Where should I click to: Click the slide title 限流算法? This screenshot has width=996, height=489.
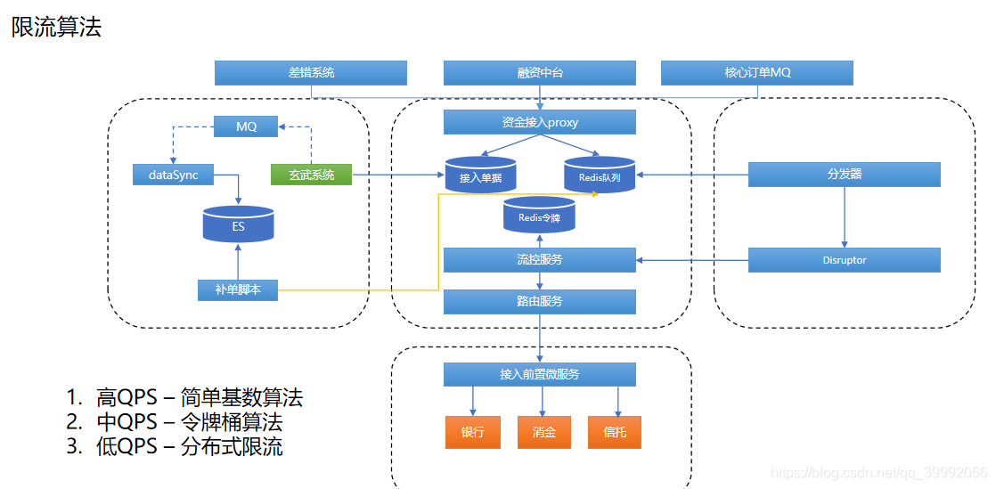click(56, 28)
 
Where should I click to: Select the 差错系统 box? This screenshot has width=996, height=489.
click(311, 73)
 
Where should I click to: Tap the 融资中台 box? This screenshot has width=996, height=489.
click(540, 73)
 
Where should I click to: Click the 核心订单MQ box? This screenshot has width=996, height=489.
click(757, 73)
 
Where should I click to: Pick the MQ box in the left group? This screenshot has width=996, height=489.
click(247, 127)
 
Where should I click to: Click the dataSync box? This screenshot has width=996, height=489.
click(173, 175)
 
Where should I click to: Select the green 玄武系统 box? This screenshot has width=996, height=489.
click(311, 175)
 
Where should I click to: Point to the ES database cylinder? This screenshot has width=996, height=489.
click(238, 224)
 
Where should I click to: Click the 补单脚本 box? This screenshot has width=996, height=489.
click(238, 289)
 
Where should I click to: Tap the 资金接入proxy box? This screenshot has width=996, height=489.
click(540, 122)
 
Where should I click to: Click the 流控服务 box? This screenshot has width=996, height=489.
click(540, 260)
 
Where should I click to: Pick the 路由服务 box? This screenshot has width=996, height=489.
click(540, 302)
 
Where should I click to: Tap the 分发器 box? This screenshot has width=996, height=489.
click(844, 175)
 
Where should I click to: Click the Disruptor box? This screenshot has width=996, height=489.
click(844, 260)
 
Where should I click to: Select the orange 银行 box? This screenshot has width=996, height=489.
click(472, 432)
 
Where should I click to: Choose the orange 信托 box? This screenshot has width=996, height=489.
click(615, 432)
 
